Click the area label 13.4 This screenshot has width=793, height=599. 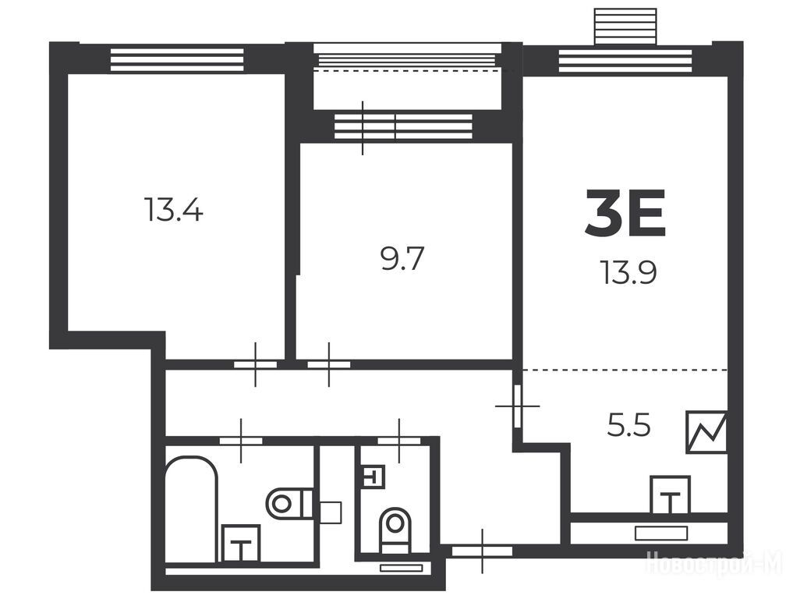[x=173, y=210]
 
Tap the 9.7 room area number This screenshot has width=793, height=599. [x=402, y=258]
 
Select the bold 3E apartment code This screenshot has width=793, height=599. [x=625, y=213]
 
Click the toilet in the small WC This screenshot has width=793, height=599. [x=395, y=530]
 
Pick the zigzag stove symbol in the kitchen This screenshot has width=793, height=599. [x=706, y=431]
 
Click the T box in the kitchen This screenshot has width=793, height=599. [x=670, y=494]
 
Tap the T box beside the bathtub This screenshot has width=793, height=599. [x=241, y=544]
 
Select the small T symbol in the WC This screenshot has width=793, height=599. [x=374, y=476]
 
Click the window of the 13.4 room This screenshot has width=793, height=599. [x=177, y=60]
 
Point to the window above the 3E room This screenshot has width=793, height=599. [x=625, y=61]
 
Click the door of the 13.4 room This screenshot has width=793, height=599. [x=256, y=364]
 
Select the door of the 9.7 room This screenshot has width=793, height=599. [x=329, y=364]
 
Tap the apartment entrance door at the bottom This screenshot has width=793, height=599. [x=483, y=551]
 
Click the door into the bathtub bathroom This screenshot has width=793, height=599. [x=241, y=441]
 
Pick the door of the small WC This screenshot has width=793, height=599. [x=399, y=441]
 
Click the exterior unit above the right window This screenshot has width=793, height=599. [x=625, y=27]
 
